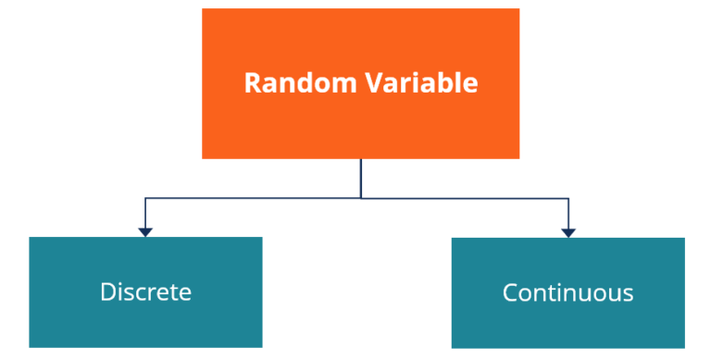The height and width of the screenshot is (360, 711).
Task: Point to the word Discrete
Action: point(145,292)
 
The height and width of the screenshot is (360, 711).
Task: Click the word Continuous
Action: point(568,293)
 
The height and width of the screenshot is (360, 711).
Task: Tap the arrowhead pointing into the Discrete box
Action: point(144,231)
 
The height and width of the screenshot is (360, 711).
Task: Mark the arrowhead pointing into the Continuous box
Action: point(568,231)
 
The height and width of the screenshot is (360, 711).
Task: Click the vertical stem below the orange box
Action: point(361,177)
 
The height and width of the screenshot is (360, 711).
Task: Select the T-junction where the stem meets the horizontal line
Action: point(361,197)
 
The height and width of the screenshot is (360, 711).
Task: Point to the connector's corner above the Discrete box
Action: point(144,197)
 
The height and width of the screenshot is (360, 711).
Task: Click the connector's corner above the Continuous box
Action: point(568,198)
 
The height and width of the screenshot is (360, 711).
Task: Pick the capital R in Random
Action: point(252,83)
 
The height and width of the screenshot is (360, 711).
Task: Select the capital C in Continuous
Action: point(510,293)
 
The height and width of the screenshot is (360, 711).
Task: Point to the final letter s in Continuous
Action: point(629,295)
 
